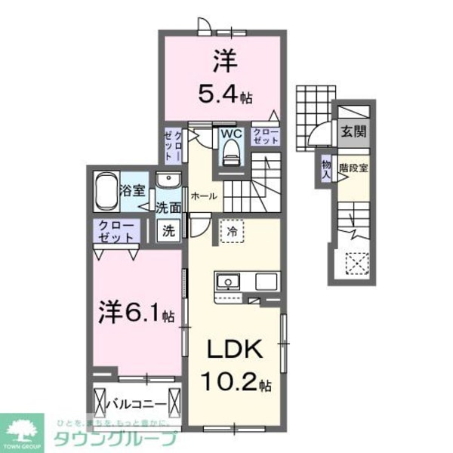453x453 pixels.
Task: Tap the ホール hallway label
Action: click(205, 196)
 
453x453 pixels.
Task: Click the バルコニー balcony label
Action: click(138, 398)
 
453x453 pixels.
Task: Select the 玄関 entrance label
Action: click(352, 131)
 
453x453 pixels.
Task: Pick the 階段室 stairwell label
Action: click(353, 168)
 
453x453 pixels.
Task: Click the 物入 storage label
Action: click(326, 167)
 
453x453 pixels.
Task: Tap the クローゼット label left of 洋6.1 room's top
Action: click(115, 230)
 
